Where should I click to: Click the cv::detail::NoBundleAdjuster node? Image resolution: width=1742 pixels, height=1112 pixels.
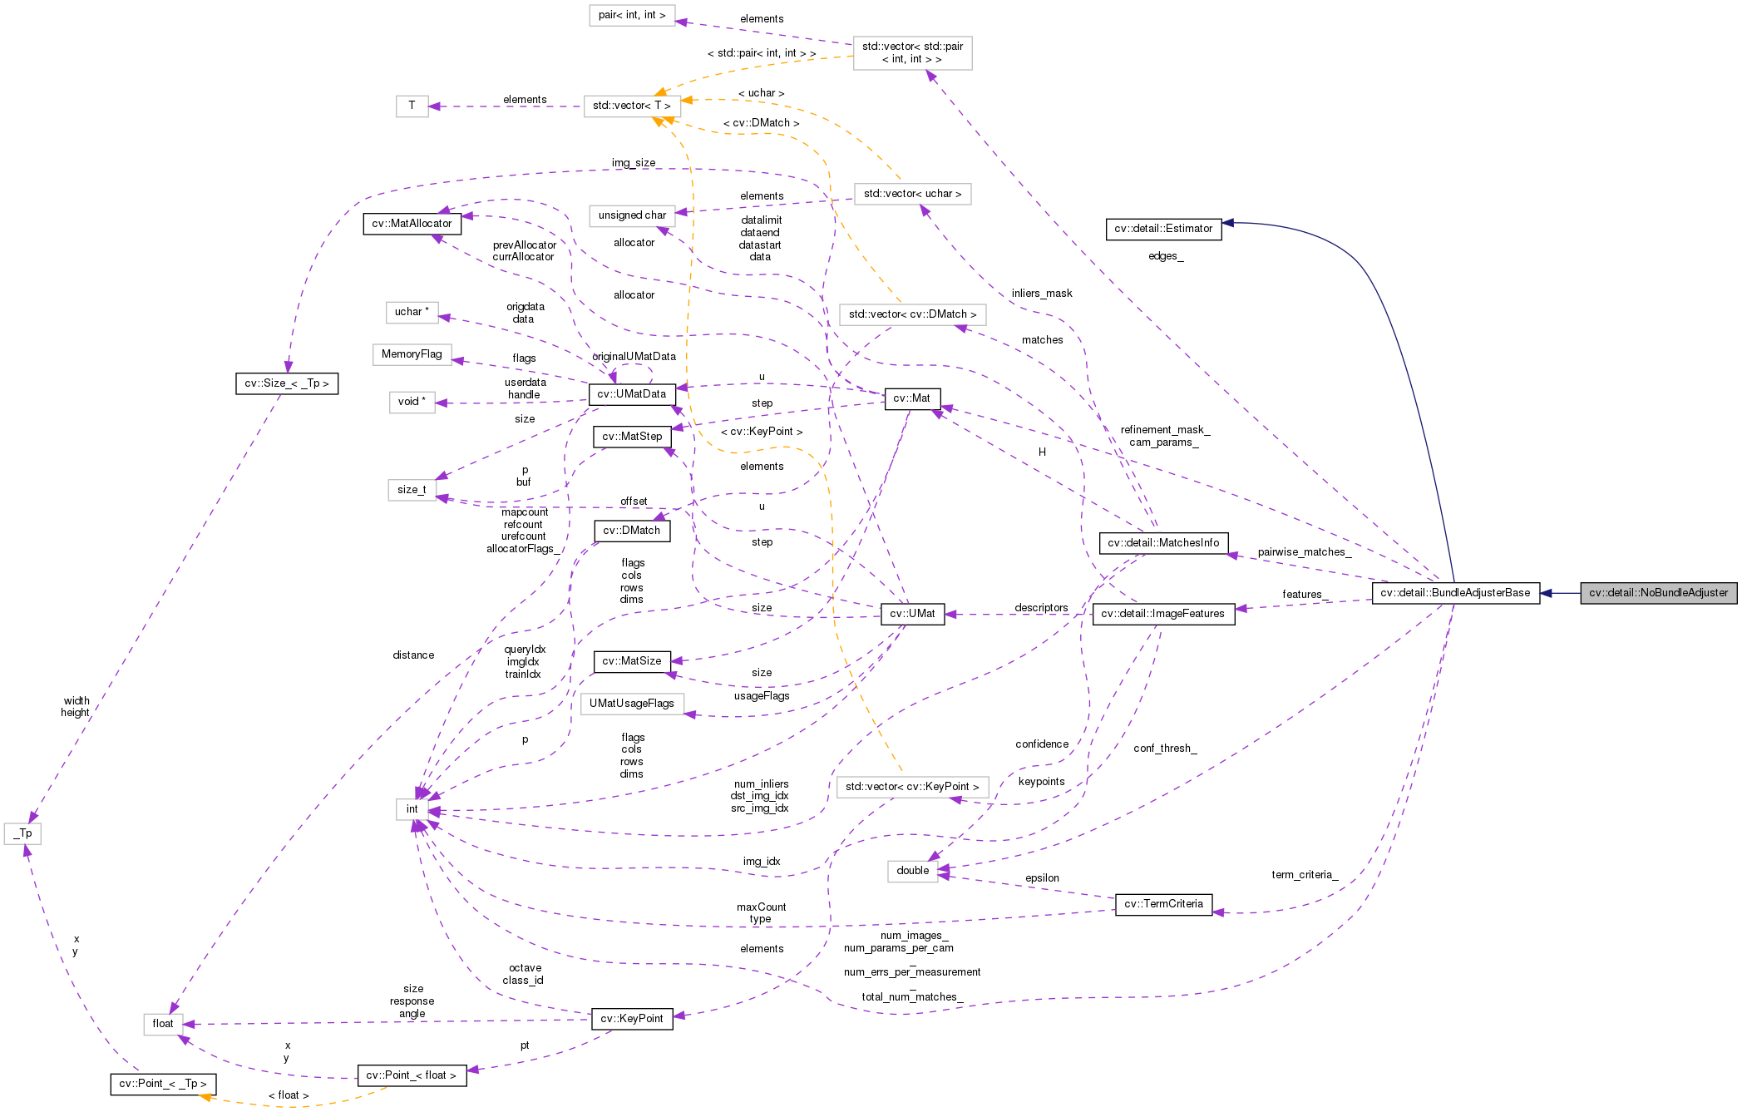click(1658, 593)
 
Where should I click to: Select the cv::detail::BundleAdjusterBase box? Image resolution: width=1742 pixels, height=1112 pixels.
click(1454, 593)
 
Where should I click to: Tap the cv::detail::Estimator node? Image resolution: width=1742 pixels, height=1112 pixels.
click(1163, 229)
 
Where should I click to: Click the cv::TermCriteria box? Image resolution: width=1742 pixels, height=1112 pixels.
click(1163, 904)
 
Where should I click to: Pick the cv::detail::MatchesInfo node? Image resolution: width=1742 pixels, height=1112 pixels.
click(1162, 543)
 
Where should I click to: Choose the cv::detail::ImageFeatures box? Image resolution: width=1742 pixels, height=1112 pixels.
click(1162, 614)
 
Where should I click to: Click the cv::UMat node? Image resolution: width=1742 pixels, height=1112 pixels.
click(912, 614)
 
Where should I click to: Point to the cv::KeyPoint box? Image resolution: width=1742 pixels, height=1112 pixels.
click(632, 1019)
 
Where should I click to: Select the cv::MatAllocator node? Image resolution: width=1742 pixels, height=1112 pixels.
click(412, 224)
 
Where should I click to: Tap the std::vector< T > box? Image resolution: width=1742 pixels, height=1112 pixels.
click(632, 106)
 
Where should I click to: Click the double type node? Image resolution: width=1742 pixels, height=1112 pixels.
click(912, 871)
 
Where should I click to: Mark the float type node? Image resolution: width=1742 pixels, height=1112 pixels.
click(163, 1024)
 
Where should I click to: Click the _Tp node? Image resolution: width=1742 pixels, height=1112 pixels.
click(22, 833)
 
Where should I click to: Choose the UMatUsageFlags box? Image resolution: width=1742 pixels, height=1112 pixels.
click(632, 704)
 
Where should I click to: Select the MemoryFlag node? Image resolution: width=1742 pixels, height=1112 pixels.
click(412, 354)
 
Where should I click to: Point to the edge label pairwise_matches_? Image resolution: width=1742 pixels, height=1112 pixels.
click(1304, 552)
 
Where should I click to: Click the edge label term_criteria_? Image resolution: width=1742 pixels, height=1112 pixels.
click(1304, 875)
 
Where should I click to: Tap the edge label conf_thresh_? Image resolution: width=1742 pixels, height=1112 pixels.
click(1164, 749)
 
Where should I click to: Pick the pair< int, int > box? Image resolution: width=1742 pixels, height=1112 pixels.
click(632, 15)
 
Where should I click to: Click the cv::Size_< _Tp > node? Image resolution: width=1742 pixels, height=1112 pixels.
click(287, 383)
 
